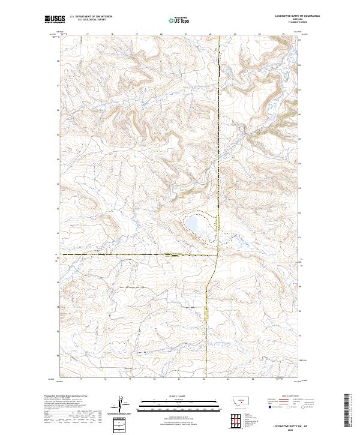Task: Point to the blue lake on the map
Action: click(194, 224)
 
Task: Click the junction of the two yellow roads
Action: click(217, 255)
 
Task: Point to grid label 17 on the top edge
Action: click(88, 34)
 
